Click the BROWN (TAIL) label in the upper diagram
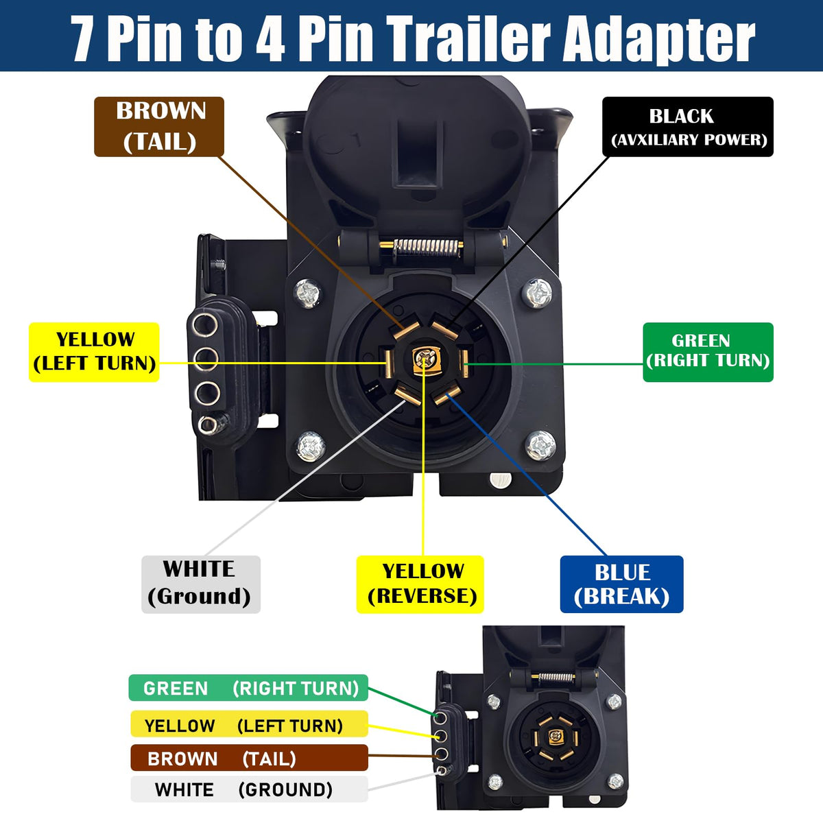159,126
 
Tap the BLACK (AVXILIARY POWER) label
688,126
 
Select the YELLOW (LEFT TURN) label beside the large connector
94,352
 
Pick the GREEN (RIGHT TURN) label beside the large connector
708,352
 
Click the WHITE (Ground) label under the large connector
201,584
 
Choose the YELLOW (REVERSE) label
420,584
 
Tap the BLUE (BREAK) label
622,584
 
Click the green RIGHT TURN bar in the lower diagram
248,688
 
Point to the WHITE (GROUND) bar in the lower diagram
249,789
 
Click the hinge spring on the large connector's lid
427,248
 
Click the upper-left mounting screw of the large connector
307,293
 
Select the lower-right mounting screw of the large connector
540,446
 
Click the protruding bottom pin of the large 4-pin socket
208,425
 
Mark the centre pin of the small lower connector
556,735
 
